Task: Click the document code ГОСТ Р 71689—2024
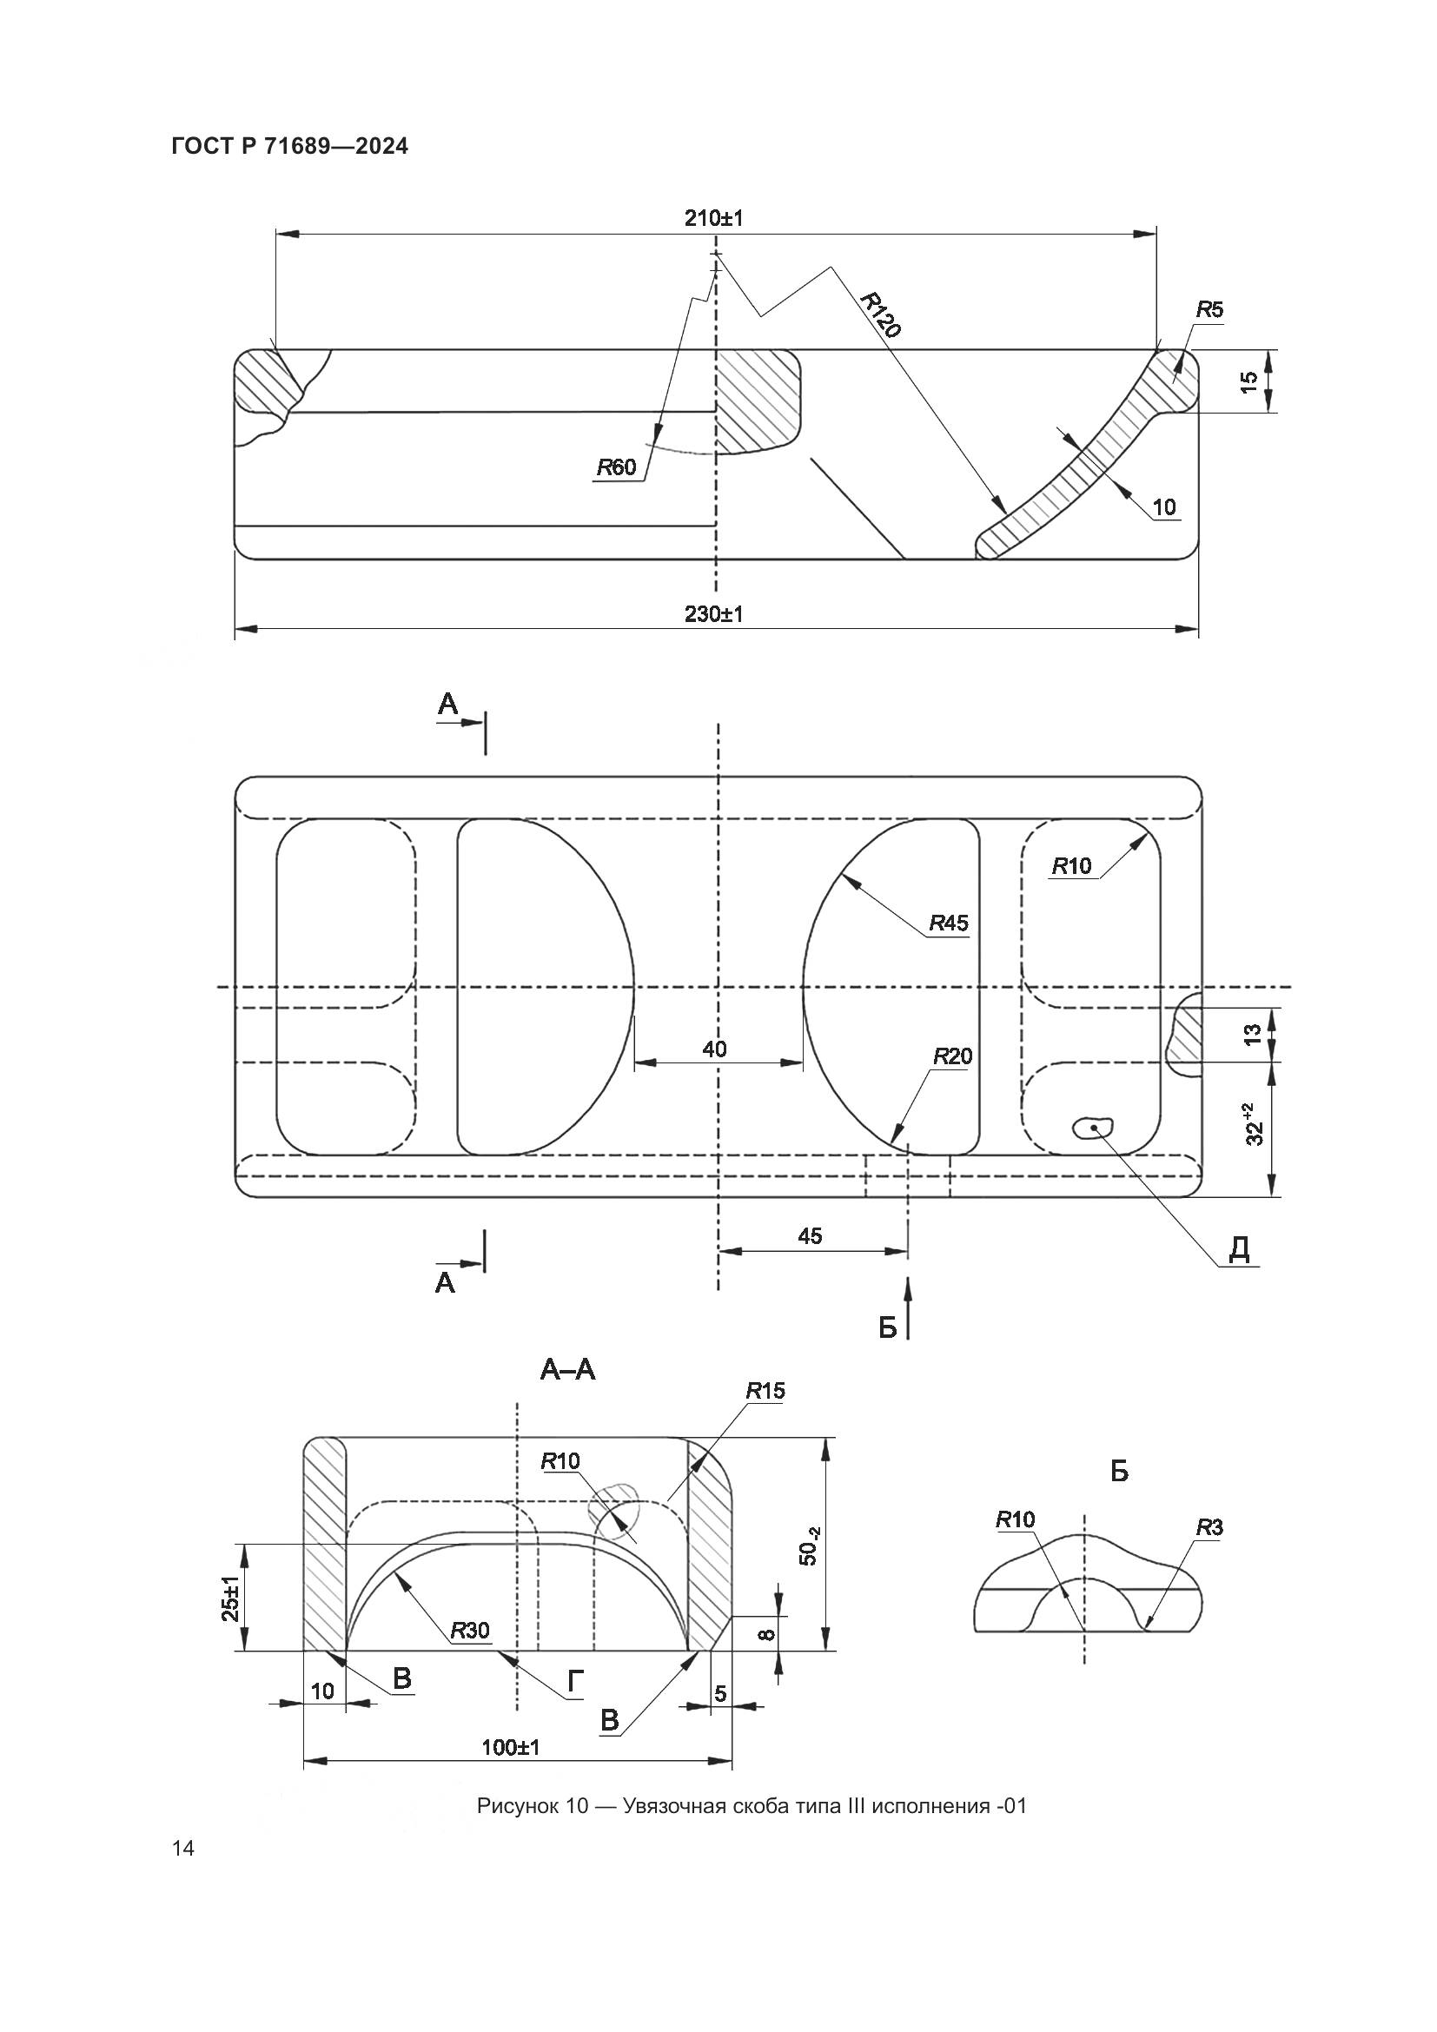[x=290, y=147]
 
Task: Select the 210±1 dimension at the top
[x=713, y=218]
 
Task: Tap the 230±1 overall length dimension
[x=713, y=613]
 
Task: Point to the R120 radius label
[x=880, y=314]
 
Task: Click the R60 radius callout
[x=617, y=467]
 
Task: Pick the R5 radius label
[x=1209, y=310]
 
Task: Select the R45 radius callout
[x=949, y=923]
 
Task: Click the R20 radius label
[x=953, y=1056]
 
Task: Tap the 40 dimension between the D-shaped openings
[x=714, y=1049]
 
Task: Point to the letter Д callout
[x=1240, y=1248]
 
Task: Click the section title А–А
[x=568, y=1370]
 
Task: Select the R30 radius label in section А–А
[x=470, y=1630]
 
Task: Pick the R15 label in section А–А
[x=765, y=1390]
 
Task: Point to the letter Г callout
[x=575, y=1683]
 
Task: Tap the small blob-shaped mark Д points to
[x=1093, y=1128]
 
